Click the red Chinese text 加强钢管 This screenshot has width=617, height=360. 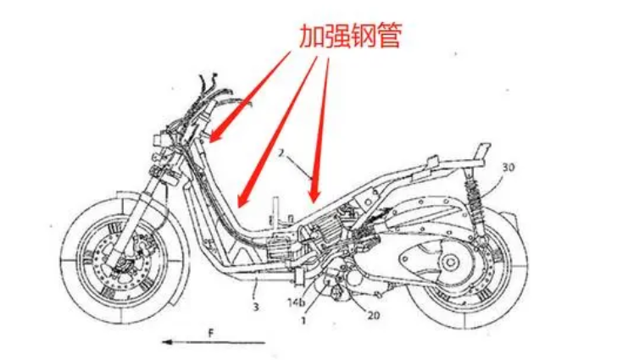coord(350,36)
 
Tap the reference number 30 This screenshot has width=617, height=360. coord(508,167)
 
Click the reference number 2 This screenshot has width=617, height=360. coord(281,153)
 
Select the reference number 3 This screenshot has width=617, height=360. coord(256,307)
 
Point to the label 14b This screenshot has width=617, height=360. coord(297,303)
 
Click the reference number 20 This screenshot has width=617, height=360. coord(374,315)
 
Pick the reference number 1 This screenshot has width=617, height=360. coord(303,321)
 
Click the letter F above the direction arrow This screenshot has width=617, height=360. coord(211,334)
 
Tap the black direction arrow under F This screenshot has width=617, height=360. coord(214,342)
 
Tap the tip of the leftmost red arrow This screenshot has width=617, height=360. coord(210,141)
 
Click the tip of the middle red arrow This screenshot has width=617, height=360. coord(238,208)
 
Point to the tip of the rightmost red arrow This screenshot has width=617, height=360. coord(314,202)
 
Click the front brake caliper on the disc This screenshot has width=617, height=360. coord(142,243)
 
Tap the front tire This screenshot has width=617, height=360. coord(122,262)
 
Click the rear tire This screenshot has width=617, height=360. coord(464,268)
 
